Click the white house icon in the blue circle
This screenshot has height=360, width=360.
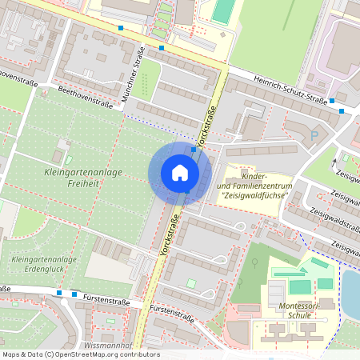(180, 173)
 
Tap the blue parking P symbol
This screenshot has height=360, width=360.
(314, 136)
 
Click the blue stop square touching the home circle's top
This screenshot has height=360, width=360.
(194, 148)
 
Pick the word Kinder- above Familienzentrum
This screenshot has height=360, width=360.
(254, 175)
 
